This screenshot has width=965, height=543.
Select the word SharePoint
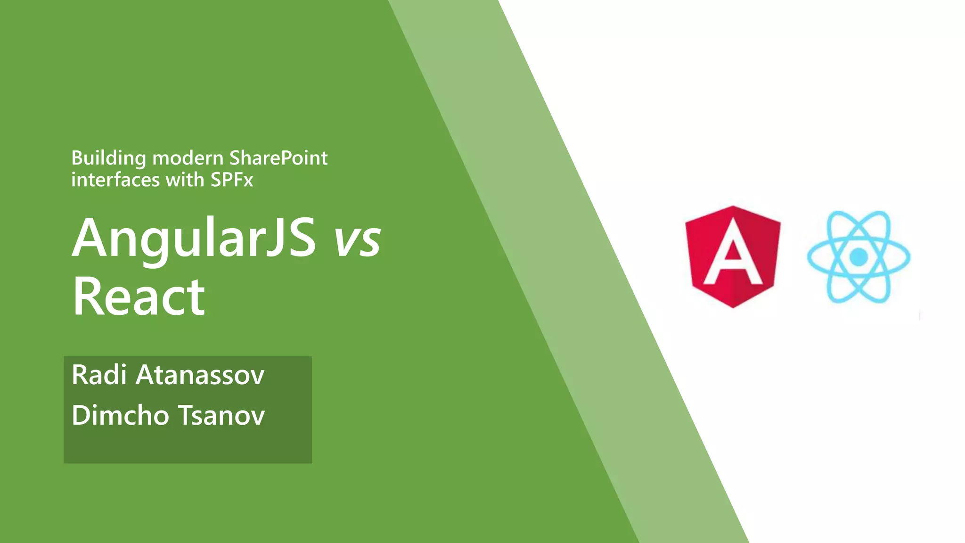pyautogui.click(x=278, y=158)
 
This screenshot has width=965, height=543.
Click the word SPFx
pyautogui.click(x=232, y=180)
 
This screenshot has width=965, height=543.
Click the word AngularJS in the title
pyautogui.click(x=194, y=239)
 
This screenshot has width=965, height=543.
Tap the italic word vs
pyautogui.click(x=357, y=240)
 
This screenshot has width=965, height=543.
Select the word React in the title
pyautogui.click(x=139, y=297)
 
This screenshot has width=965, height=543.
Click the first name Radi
pyautogui.click(x=99, y=375)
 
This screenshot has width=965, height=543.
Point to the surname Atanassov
pyautogui.click(x=200, y=375)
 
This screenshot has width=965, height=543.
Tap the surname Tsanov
pyautogui.click(x=221, y=415)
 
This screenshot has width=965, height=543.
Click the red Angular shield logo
pyautogui.click(x=733, y=256)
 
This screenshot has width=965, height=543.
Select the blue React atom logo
pyautogui.click(x=859, y=257)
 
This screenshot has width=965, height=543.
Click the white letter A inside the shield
pyautogui.click(x=733, y=255)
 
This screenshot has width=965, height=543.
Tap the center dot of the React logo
pyautogui.click(x=859, y=257)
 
